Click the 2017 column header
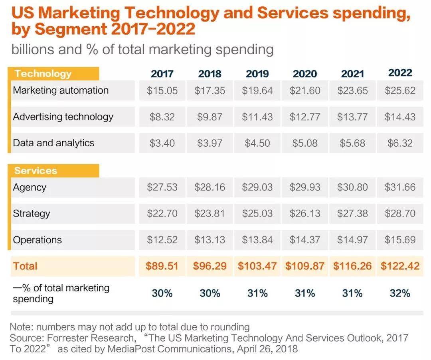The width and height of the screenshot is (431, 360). click(x=162, y=74)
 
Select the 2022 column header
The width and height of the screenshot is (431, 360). click(x=400, y=73)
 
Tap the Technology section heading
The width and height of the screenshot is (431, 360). click(x=43, y=74)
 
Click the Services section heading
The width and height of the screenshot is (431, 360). click(x=36, y=171)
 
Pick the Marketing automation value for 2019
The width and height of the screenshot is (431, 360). click(x=257, y=90)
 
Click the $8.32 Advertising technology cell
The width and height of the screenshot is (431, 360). click(x=162, y=117)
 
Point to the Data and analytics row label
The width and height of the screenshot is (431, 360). click(x=53, y=143)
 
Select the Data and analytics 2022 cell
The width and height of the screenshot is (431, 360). click(x=400, y=143)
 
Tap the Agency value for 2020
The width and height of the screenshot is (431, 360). click(x=305, y=187)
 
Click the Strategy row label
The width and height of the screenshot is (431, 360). click(x=32, y=213)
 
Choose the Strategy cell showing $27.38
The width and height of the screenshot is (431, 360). click(x=352, y=213)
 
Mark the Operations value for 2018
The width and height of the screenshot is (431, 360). click(x=210, y=240)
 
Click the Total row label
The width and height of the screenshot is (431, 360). click(x=25, y=266)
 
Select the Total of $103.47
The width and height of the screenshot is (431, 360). click(x=257, y=266)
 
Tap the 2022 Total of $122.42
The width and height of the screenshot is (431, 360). click(x=400, y=266)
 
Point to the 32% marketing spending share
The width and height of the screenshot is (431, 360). click(x=400, y=293)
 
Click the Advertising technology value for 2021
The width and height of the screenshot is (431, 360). click(x=352, y=117)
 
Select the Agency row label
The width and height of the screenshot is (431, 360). click(x=30, y=187)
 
